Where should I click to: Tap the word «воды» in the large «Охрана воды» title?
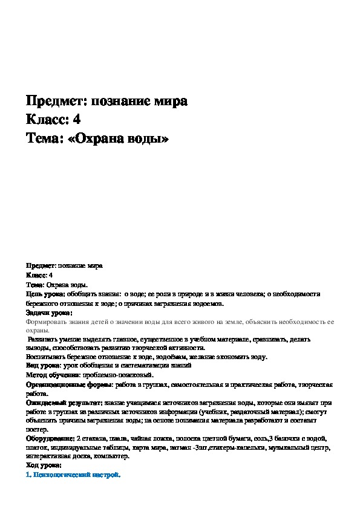coord(146,138)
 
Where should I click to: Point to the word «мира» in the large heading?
coord(170,100)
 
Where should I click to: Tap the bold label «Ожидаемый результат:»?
coord(57,402)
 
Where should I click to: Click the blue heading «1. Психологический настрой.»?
coord(73,475)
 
